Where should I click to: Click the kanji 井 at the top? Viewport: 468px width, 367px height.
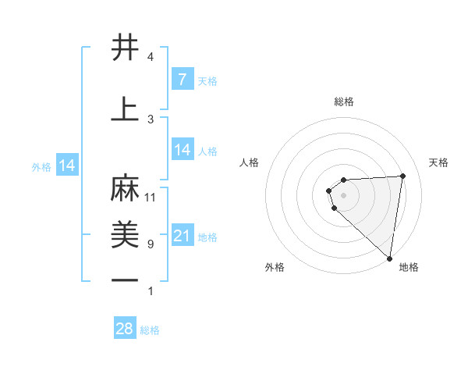pyautogui.click(x=125, y=48)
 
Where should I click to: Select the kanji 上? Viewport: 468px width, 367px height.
pyautogui.click(x=125, y=109)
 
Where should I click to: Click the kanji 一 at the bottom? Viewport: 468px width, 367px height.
pyautogui.click(x=125, y=280)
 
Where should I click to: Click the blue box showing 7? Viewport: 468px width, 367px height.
pyautogui.click(x=182, y=80)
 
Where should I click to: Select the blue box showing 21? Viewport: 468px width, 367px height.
pyautogui.click(x=182, y=236)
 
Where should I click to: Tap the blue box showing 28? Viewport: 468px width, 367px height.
pyautogui.click(x=125, y=329)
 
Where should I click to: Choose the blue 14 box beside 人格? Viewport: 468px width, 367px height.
pyautogui.click(x=182, y=150)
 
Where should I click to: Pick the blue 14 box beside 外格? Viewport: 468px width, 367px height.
pyautogui.click(x=66, y=166)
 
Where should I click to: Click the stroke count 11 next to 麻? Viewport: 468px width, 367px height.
pyautogui.click(x=151, y=198)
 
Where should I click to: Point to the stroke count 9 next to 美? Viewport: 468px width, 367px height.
pyautogui.click(x=150, y=244)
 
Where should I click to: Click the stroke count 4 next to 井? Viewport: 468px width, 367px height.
pyautogui.click(x=150, y=57)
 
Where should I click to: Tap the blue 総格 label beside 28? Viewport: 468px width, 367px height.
pyautogui.click(x=150, y=330)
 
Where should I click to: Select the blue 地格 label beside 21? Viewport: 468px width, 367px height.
pyautogui.click(x=208, y=237)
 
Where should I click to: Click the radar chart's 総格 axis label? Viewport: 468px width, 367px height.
pyautogui.click(x=344, y=102)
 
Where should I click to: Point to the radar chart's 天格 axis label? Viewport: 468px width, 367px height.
pyautogui.click(x=439, y=162)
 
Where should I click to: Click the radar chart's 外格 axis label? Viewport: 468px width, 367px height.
pyautogui.click(x=275, y=267)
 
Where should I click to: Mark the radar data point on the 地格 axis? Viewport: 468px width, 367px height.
pyautogui.click(x=390, y=258)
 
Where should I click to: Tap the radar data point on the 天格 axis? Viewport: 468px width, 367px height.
pyautogui.click(x=402, y=176)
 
